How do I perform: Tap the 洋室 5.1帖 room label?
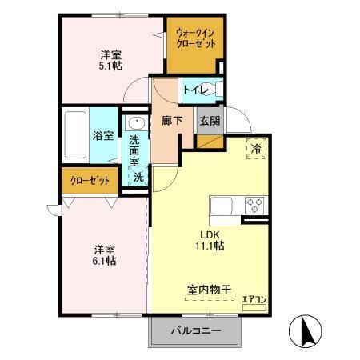(x=111, y=61)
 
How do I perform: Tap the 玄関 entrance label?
(x=209, y=121)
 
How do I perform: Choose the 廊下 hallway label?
(x=171, y=121)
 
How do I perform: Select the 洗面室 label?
(x=134, y=150)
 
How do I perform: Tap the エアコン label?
(x=254, y=301)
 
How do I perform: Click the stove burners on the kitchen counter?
(x=255, y=202)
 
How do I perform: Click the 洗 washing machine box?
(x=138, y=178)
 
